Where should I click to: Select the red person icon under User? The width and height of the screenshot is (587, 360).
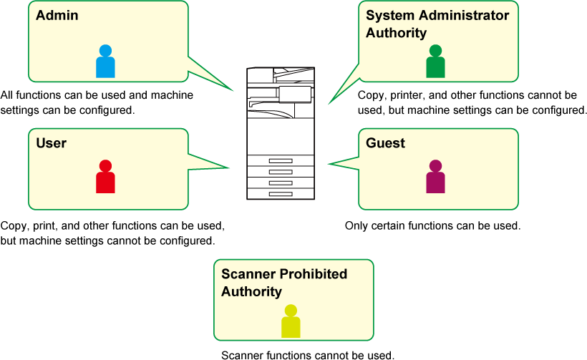tap(105, 177)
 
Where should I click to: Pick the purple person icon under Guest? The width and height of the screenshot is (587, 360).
tap(435, 177)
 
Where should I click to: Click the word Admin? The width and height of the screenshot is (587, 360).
tap(57, 15)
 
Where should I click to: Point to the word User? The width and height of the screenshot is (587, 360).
tap(52, 143)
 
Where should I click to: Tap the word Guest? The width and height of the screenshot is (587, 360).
tap(385, 143)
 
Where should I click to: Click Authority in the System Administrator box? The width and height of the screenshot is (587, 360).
tap(396, 33)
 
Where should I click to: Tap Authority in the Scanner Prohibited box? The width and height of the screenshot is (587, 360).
tap(251, 292)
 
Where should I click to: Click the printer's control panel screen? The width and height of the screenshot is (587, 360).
tap(296, 94)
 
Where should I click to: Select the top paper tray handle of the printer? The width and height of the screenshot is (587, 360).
tap(281, 161)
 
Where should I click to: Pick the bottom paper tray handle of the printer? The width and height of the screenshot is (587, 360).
tap(281, 193)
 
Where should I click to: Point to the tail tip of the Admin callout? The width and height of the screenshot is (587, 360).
tap(234, 91)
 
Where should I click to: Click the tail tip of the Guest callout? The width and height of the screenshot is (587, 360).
tap(329, 165)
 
